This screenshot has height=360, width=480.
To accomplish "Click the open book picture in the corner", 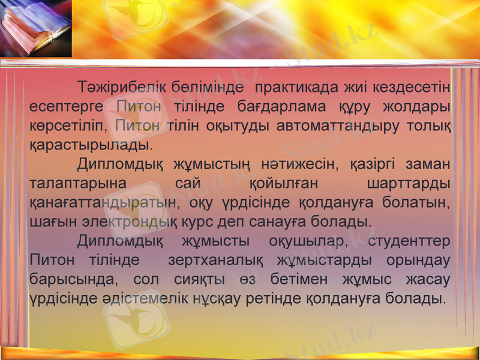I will [x=35, y=29].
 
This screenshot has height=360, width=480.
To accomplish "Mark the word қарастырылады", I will [x=90, y=145].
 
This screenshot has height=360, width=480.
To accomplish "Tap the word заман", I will [x=428, y=164].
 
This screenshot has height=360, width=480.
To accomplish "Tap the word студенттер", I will [x=409, y=241].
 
